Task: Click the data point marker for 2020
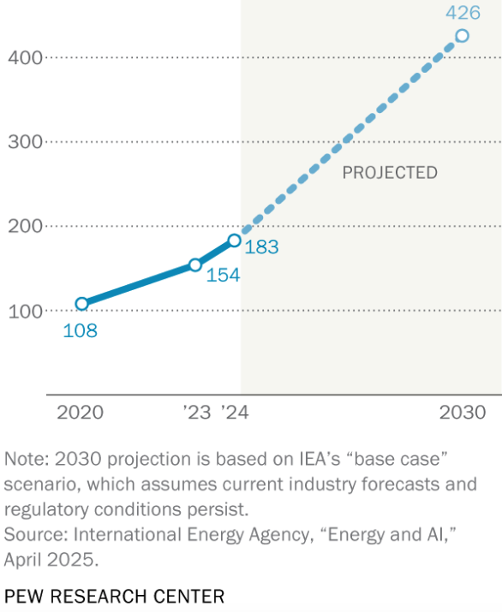click(81, 304)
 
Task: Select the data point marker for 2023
click(195, 265)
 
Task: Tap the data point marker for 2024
click(234, 241)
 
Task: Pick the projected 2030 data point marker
click(462, 36)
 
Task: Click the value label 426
click(463, 13)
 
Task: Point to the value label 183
click(262, 247)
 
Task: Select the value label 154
click(222, 276)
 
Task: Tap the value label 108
click(80, 330)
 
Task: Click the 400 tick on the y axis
click(25, 57)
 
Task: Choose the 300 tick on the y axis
click(25, 142)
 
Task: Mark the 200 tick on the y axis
click(25, 226)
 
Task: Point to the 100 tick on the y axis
click(25, 311)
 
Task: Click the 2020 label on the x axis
click(80, 413)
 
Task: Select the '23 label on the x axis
click(196, 413)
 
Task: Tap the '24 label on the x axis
click(234, 413)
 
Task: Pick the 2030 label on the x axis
click(463, 413)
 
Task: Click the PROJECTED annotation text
click(390, 173)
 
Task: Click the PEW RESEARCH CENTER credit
click(115, 595)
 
